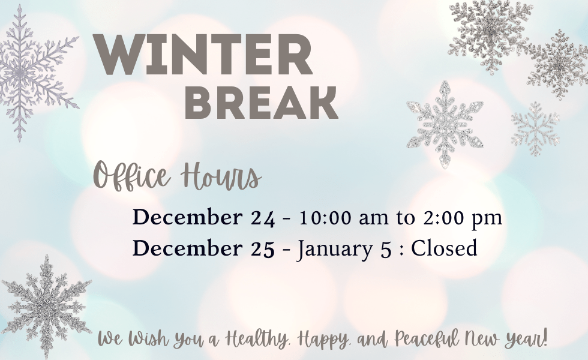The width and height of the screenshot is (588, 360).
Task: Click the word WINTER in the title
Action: click(x=203, y=55)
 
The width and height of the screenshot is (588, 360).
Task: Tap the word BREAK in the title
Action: click(x=262, y=103)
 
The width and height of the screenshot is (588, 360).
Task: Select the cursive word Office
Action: click(x=131, y=175)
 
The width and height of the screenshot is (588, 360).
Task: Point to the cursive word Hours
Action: click(x=221, y=175)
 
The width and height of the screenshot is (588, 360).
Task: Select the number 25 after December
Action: click(x=262, y=248)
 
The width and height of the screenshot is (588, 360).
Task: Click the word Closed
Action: click(x=444, y=248)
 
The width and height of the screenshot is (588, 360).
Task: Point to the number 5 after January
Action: click(x=385, y=250)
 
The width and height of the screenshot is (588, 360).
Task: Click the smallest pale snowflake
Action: click(x=535, y=128)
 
